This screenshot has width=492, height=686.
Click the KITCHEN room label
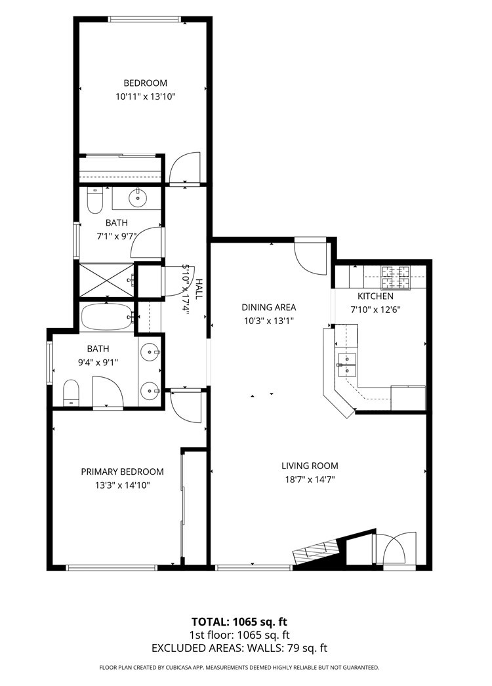(375, 296)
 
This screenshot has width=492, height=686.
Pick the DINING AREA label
(268, 307)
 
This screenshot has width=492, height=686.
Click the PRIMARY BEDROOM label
(122, 472)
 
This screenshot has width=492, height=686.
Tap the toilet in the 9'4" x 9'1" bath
(71, 393)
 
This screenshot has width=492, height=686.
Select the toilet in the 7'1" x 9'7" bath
(94, 201)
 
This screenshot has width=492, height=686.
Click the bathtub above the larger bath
(106, 317)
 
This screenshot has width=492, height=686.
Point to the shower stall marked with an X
(105, 280)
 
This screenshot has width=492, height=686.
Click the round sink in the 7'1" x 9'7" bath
(138, 197)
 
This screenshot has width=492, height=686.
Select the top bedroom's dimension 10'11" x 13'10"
(145, 96)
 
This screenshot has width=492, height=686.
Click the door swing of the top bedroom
(184, 168)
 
